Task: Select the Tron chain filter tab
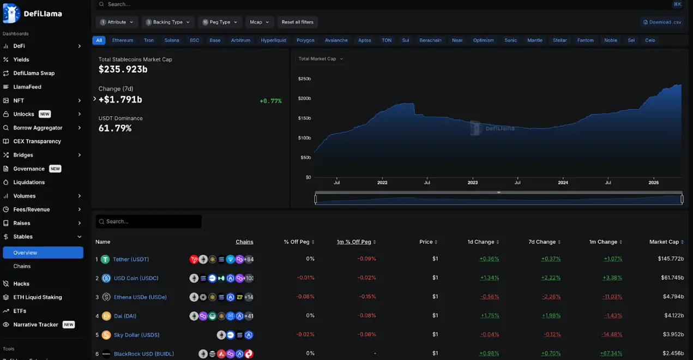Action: pyautogui.click(x=149, y=40)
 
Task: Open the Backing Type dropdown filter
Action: pyautogui.click(x=167, y=22)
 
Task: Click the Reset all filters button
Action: pyautogui.click(x=297, y=22)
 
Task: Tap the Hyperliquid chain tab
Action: pyautogui.click(x=273, y=40)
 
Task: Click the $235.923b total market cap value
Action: pyautogui.click(x=123, y=69)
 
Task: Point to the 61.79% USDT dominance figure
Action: pyautogui.click(x=115, y=128)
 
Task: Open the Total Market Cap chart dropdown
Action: pyautogui.click(x=321, y=59)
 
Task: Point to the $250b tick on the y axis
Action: pyautogui.click(x=304, y=79)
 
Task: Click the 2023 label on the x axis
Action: pyautogui.click(x=472, y=183)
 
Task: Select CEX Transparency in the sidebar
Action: pyautogui.click(x=37, y=141)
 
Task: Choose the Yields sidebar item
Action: pyautogui.click(x=21, y=59)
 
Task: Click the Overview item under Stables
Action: pyautogui.click(x=26, y=253)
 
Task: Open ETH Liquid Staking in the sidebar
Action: pyautogui.click(x=38, y=297)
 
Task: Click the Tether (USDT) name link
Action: pyautogui.click(x=131, y=259)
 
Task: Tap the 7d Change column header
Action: pyautogui.click(x=542, y=242)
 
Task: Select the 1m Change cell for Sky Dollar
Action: pyautogui.click(x=611, y=334)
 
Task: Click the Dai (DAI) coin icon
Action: pyautogui.click(x=105, y=316)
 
